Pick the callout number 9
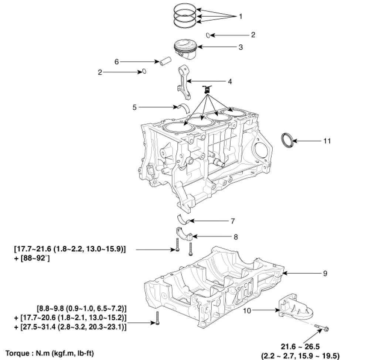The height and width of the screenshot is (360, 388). click(x=325, y=274)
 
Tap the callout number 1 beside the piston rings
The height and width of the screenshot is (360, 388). click(x=241, y=16)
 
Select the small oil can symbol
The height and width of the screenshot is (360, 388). click(x=207, y=89)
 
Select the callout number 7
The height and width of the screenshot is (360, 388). click(x=232, y=221)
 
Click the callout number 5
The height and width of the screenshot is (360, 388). click(x=135, y=107)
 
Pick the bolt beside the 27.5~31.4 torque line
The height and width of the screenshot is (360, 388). click(x=158, y=318)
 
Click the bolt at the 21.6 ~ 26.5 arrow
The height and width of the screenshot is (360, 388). click(x=323, y=328)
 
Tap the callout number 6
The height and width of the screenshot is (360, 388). click(x=116, y=62)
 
